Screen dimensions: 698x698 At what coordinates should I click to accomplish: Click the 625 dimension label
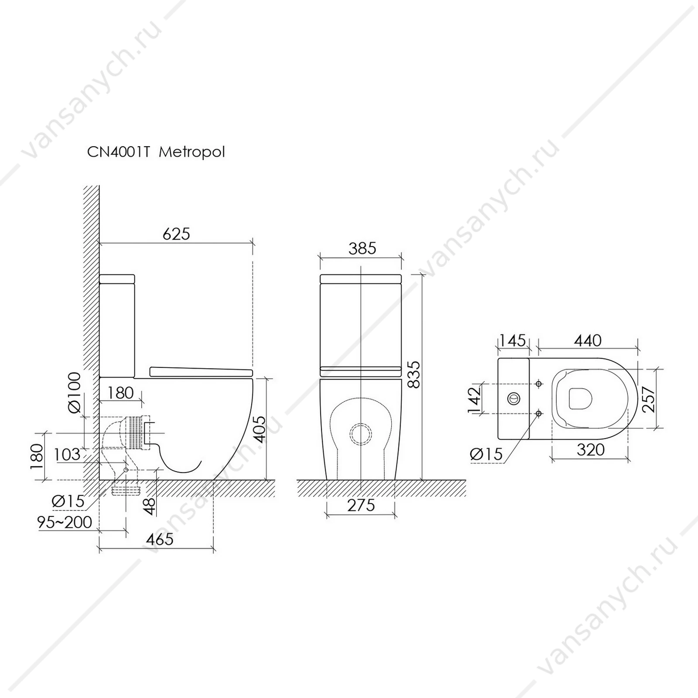click(176, 234)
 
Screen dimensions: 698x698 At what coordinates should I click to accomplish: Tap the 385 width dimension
click(362, 248)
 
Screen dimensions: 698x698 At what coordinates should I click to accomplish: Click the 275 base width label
click(361, 505)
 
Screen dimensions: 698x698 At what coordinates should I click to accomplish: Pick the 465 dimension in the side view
click(160, 539)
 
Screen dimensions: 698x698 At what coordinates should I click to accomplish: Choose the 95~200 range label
click(65, 522)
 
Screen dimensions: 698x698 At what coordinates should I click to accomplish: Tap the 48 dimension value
click(149, 506)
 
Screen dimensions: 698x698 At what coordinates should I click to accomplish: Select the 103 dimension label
click(67, 455)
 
